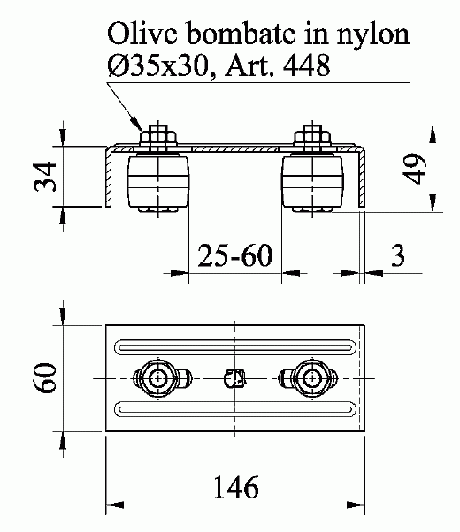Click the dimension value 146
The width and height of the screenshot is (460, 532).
point(236,487)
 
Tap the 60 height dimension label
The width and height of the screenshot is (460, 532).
point(45,378)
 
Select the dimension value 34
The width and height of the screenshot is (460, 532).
point(45,177)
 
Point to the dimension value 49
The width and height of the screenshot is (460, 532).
point(414,169)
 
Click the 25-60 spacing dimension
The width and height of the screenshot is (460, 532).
point(234,255)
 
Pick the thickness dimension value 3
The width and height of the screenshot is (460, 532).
point(398,255)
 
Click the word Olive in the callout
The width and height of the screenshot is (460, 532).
point(142,34)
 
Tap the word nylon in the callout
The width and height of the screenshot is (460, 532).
point(373,35)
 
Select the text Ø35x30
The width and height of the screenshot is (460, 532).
point(157,65)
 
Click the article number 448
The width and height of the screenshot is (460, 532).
point(306,65)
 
